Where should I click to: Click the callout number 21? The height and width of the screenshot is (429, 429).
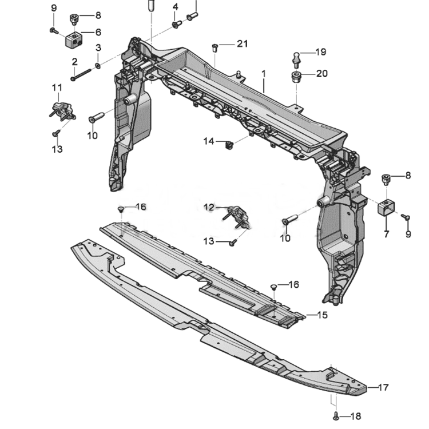tap(242, 44)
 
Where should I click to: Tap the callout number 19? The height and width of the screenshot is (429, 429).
tap(321, 52)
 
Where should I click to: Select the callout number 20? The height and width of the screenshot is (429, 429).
tap(321, 74)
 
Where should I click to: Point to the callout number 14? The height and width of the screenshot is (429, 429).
tap(209, 141)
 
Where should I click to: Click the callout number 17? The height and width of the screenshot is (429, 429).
tap(383, 387)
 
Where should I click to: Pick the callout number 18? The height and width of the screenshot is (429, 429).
tap(356, 416)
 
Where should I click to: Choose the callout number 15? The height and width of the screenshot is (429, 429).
tap(323, 315)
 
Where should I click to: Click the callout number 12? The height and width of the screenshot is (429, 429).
tap(209, 207)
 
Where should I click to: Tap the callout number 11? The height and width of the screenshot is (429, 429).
tap(57, 88)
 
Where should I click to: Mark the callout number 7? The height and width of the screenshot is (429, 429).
tap(386, 234)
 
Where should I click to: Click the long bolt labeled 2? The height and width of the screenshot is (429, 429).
tap(81, 74)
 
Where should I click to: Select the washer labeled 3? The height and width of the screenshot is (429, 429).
tap(97, 66)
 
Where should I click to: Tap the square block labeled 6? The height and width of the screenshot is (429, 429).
tap(74, 39)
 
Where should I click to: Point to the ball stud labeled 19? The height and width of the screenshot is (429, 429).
tap(297, 60)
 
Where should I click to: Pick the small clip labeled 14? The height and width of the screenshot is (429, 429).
tap(229, 145)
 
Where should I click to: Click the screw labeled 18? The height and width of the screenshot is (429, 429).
tap(336, 416)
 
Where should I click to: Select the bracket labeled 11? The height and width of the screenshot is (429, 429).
tap(63, 110)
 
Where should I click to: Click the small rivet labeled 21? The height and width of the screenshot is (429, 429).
tap(215, 48)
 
